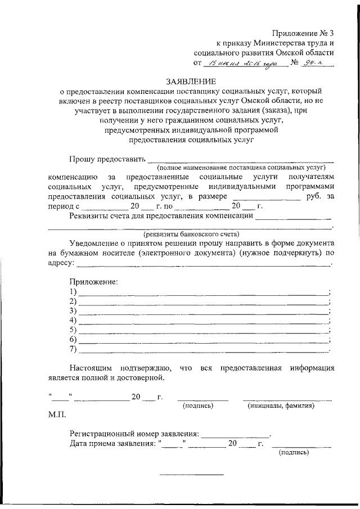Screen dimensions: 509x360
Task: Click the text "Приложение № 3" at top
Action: pyautogui.click(x=303, y=33)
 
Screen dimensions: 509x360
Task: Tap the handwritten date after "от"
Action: pyautogui.click(x=245, y=64)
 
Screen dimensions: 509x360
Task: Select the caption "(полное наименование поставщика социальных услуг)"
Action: pyautogui.click(x=242, y=168)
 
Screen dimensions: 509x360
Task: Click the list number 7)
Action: pyautogui.click(x=73, y=349)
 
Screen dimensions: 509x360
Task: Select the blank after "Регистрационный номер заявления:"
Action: pyautogui.click(x=236, y=435)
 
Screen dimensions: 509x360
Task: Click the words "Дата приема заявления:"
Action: pyautogui.click(x=112, y=444)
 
